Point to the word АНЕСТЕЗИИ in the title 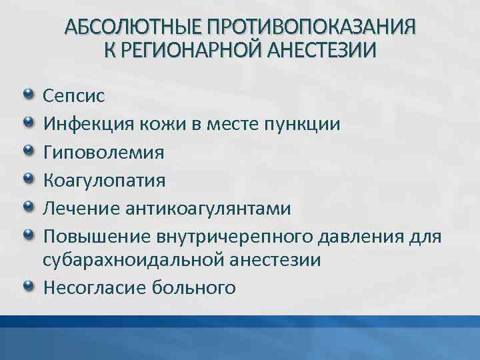pos(323,50)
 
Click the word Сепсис pos(74,95)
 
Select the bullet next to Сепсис pos(29,94)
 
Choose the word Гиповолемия pos(103,153)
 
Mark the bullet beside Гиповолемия pos(29,151)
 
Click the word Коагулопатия pos(105,181)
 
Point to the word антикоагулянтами pos(208,209)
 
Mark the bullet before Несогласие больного pos(29,286)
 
